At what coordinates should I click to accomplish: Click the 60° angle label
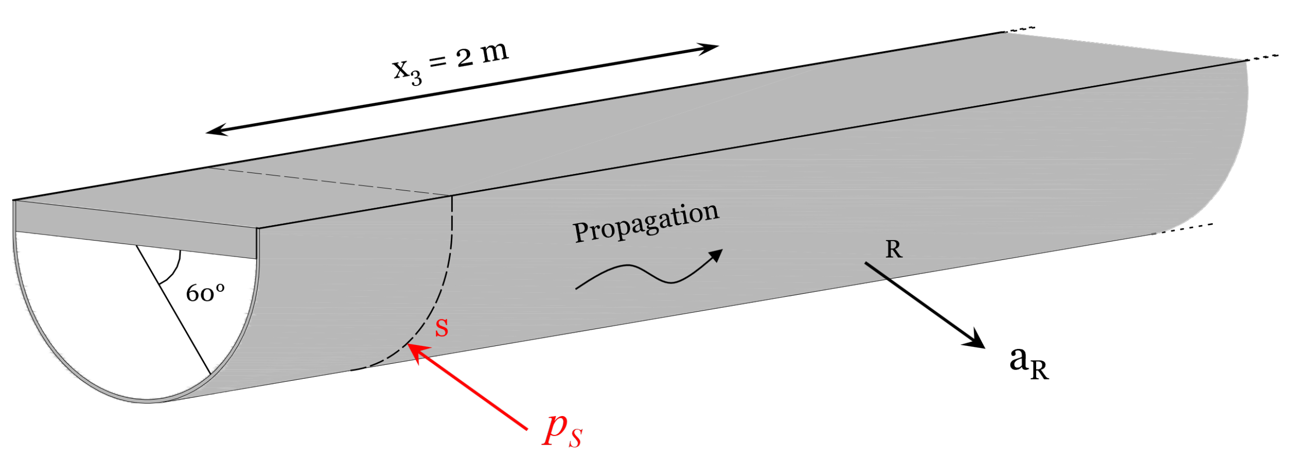(x=205, y=293)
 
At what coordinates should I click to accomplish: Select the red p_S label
(x=562, y=432)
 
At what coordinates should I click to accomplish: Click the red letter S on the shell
(x=441, y=328)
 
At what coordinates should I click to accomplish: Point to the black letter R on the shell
(x=894, y=249)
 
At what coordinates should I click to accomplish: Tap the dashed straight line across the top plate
(x=326, y=181)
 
